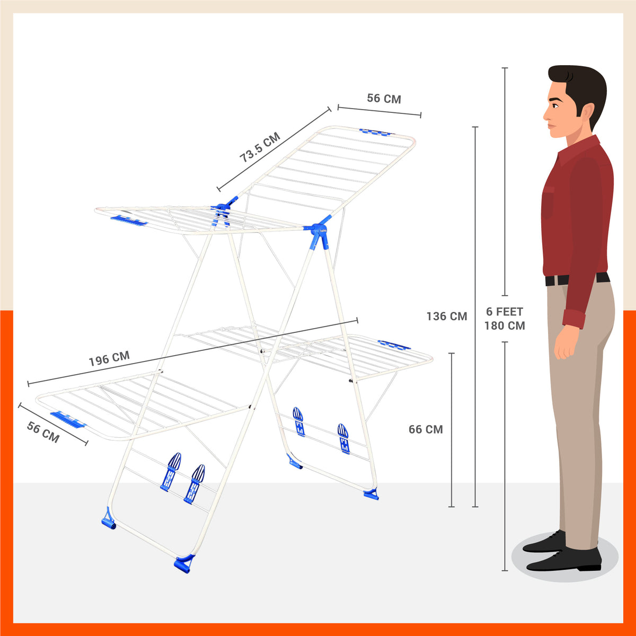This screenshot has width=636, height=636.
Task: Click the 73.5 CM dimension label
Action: pyautogui.click(x=260, y=148)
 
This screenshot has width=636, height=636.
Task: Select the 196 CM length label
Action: pyautogui.click(x=109, y=359)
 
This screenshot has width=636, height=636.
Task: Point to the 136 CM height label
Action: pyautogui.click(x=447, y=316)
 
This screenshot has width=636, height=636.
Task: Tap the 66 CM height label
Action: pyautogui.click(x=426, y=429)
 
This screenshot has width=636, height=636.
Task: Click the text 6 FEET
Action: pyautogui.click(x=505, y=312)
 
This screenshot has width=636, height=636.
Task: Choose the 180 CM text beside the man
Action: pyautogui.click(x=505, y=326)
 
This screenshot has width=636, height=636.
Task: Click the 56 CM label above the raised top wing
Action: pyautogui.click(x=384, y=99)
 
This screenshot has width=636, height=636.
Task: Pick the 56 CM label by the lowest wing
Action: pyautogui.click(x=43, y=432)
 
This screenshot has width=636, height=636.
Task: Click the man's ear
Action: pyautogui.click(x=587, y=111)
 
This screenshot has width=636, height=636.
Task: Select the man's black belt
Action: pyautogui.click(x=577, y=279)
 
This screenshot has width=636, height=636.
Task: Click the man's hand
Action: pyautogui.click(x=566, y=345)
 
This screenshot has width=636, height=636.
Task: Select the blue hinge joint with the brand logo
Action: pyautogui.click(x=320, y=234)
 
